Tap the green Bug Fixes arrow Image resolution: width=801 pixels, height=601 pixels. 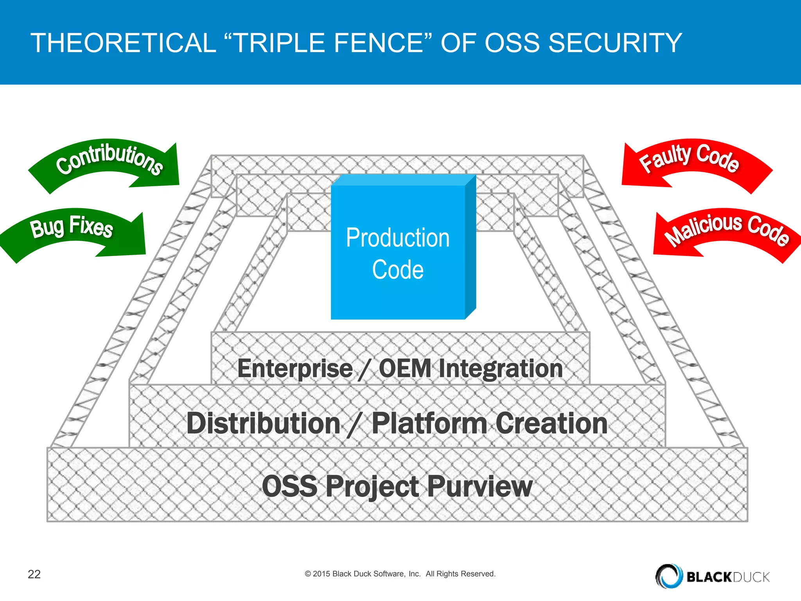pos(72,229)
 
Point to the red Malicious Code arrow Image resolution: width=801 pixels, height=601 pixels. pos(727,229)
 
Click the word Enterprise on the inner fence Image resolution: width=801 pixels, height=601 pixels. pos(295,369)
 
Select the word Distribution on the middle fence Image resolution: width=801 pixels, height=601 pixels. pos(263,423)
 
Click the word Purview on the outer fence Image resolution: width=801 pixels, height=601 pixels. pos(480,486)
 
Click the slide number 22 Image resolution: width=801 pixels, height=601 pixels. pos(34,574)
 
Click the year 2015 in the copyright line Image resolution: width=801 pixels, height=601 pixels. pos(321,574)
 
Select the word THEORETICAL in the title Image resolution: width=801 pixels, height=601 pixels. pos(123,43)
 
